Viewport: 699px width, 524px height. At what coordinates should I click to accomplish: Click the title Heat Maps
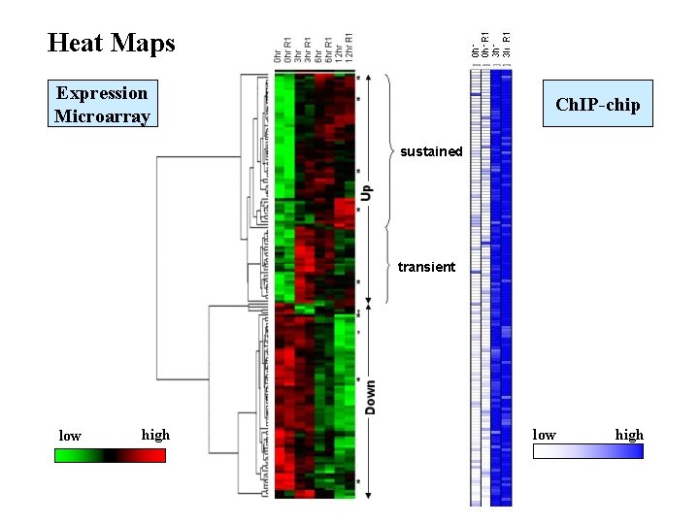click(x=111, y=43)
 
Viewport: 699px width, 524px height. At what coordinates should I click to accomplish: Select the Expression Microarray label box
click(x=102, y=105)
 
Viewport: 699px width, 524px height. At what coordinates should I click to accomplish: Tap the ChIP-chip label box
click(x=597, y=105)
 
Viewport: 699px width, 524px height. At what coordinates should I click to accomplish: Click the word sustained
click(x=431, y=151)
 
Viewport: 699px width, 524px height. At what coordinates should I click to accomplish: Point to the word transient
click(x=426, y=267)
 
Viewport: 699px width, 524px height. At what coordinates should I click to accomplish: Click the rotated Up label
click(x=368, y=194)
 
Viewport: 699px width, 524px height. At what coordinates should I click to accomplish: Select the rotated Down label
click(x=370, y=398)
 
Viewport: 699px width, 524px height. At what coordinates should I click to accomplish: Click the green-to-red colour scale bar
click(x=110, y=453)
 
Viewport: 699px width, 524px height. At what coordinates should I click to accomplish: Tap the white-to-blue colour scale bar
click(x=587, y=451)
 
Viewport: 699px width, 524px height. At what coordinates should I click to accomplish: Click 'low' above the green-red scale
click(x=70, y=436)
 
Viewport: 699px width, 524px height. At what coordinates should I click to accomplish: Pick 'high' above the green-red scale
click(x=155, y=435)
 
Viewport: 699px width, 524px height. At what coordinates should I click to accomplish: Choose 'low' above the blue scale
click(x=545, y=435)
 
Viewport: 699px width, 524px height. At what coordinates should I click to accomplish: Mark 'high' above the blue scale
click(x=629, y=435)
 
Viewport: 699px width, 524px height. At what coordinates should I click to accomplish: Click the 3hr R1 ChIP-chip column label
click(x=506, y=44)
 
